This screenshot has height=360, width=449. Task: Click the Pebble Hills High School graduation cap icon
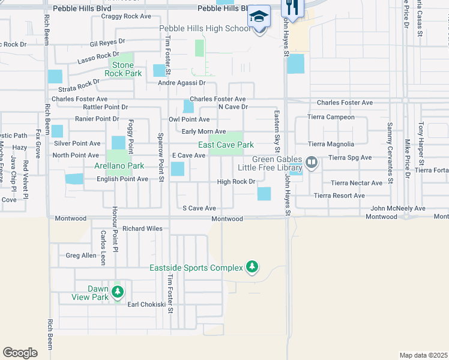tap(259, 16)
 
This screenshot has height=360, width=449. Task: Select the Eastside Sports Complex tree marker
tap(252, 267)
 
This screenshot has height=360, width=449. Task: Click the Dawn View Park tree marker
tap(118, 292)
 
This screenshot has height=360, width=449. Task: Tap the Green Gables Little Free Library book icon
tap(311, 162)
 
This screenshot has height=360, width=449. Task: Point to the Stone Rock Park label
tap(123, 69)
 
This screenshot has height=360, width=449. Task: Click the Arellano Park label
tap(119, 166)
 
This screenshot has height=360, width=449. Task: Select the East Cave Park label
tap(226, 145)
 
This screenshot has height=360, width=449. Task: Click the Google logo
tap(20, 352)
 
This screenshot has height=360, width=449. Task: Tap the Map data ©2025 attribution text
tap(423, 355)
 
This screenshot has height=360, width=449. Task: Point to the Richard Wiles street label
tap(142, 229)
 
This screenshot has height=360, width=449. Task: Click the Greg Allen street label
tap(81, 256)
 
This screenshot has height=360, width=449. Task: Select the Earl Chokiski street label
tap(146, 304)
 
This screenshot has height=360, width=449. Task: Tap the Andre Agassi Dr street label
tap(182, 83)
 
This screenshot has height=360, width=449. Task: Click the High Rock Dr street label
tap(237, 182)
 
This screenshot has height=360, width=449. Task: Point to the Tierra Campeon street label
tap(331, 117)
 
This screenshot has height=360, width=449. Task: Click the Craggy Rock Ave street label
tap(127, 17)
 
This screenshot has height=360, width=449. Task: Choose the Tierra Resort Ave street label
tap(339, 196)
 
